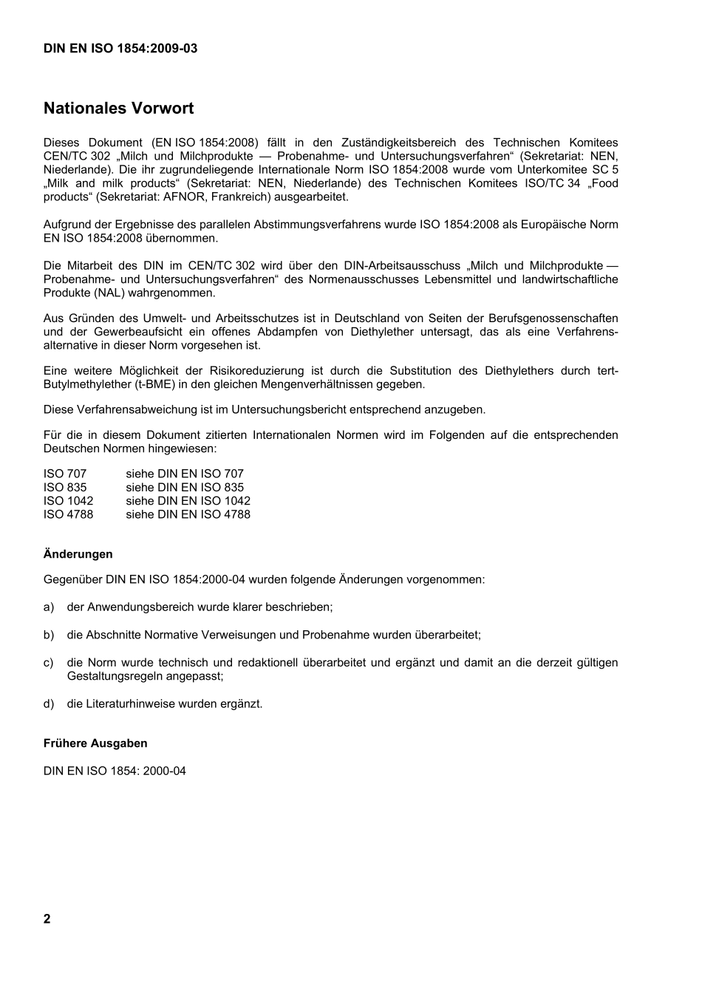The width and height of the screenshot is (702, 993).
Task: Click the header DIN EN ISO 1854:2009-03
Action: click(120, 49)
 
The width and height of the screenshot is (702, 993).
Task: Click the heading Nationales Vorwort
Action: click(118, 109)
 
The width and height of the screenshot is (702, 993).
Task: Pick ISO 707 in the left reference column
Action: click(65, 474)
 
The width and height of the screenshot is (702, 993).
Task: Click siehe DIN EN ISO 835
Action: click(184, 488)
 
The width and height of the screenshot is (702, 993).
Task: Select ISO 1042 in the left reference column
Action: click(68, 501)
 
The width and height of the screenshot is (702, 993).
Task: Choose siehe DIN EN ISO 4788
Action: click(188, 514)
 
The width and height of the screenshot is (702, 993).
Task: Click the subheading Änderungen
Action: click(78, 554)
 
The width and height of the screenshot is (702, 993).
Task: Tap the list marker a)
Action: click(49, 607)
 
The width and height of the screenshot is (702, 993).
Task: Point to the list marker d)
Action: click(49, 704)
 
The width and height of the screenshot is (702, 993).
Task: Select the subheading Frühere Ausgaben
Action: click(95, 744)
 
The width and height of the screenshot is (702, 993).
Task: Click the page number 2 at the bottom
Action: click(47, 919)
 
